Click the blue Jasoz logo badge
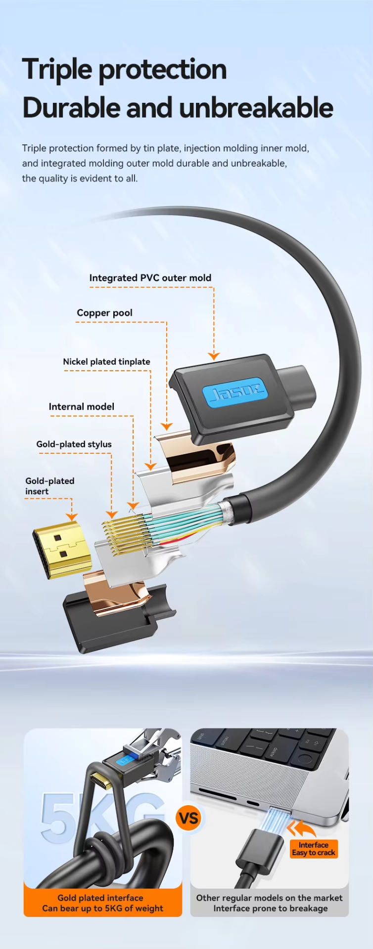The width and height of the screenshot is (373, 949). (x=235, y=393)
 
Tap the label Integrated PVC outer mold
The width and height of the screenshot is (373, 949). (x=150, y=278)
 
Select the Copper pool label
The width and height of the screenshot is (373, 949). (x=104, y=313)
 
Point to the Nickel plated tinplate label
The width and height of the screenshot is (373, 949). (x=106, y=362)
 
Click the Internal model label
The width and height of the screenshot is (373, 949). (x=81, y=407)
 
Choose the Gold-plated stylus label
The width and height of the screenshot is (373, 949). (x=74, y=444)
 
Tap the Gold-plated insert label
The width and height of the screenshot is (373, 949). (x=49, y=486)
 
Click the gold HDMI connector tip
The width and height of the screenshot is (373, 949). (x=62, y=549)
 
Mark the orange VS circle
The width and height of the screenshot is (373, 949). (x=188, y=818)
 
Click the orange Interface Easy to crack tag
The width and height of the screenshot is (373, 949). (x=314, y=849)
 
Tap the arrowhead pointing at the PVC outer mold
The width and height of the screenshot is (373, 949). (x=214, y=355)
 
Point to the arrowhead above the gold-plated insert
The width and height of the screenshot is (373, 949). (x=72, y=517)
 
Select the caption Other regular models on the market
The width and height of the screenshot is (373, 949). (x=269, y=898)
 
